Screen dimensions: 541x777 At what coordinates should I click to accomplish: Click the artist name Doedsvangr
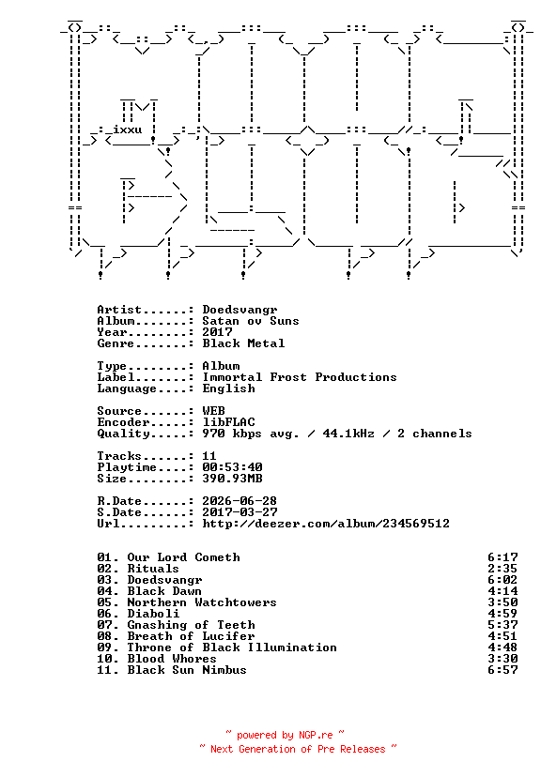tap(240, 310)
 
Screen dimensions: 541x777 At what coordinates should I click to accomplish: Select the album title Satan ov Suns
tap(251, 321)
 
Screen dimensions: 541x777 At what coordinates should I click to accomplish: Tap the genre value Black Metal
tap(243, 343)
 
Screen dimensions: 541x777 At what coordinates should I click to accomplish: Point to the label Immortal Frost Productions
tap(300, 377)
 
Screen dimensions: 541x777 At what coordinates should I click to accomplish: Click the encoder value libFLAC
tap(228, 422)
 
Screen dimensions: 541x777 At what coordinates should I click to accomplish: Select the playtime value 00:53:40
tap(232, 467)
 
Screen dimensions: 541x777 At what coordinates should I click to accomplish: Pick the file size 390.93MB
tap(232, 479)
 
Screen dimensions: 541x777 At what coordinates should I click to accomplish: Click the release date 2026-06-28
tap(240, 501)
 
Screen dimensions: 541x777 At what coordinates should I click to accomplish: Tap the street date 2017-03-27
tap(240, 512)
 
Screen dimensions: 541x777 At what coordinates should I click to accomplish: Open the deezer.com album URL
tap(326, 524)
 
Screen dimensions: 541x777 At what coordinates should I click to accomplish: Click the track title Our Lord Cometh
tap(183, 557)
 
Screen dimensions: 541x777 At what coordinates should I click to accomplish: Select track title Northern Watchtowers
tap(202, 602)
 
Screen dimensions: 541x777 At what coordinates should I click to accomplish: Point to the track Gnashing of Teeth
tap(191, 625)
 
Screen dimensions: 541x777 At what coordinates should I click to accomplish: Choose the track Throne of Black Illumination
tap(232, 647)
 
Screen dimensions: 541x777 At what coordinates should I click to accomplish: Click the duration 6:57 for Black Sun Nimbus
tap(502, 670)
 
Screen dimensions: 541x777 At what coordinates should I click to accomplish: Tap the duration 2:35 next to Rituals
tap(502, 569)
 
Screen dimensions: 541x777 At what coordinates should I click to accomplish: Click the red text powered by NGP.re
tap(285, 735)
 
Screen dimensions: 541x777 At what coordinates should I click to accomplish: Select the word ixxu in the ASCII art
tap(128, 129)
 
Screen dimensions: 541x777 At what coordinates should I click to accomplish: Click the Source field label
tap(119, 411)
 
